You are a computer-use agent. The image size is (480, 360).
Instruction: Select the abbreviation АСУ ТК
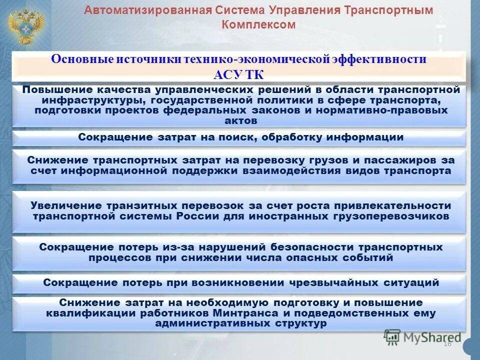(238, 75)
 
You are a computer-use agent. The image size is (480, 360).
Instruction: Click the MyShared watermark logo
(422, 337)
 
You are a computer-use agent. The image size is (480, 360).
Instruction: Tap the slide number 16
(447, 343)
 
